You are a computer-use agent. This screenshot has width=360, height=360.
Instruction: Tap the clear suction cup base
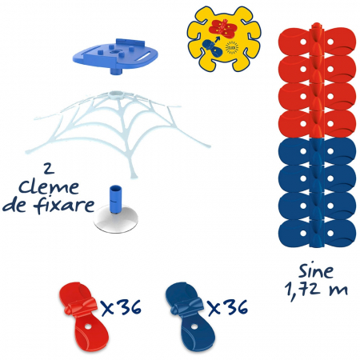click(116, 221)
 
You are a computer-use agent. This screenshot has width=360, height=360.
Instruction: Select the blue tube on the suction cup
click(115, 198)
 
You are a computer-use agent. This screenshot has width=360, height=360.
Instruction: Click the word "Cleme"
click(49, 187)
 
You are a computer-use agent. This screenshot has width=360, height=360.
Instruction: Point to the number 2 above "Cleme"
click(49, 169)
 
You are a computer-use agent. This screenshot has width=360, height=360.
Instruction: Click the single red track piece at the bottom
click(83, 317)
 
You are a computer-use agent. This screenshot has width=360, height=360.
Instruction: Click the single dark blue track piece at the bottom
click(190, 317)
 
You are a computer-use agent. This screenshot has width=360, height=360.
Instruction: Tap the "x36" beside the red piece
click(122, 307)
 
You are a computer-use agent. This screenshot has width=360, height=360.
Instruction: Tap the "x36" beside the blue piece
click(227, 307)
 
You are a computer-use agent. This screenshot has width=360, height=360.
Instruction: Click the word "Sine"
click(316, 271)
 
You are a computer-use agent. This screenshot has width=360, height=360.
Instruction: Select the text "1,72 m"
click(316, 290)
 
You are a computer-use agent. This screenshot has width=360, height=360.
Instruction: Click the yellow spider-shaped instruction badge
click(224, 39)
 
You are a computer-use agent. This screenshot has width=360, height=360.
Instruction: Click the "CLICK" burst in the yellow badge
click(232, 48)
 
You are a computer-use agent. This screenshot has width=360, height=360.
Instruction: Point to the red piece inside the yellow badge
click(223, 29)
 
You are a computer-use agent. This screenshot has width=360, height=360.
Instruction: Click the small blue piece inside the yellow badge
click(212, 48)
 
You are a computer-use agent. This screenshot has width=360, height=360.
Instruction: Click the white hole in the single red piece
click(88, 326)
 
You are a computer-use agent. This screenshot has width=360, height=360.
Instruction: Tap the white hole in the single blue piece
click(194, 326)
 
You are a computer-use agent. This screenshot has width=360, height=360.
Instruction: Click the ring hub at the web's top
click(116, 94)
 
